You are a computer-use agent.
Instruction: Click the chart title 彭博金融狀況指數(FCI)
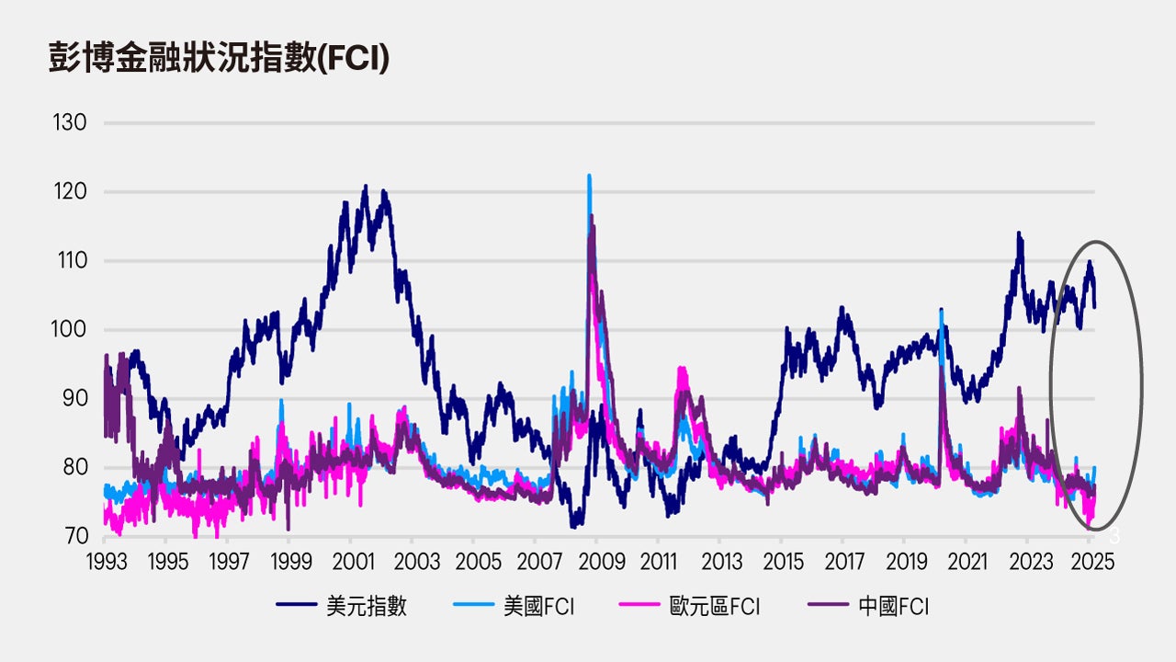(x=219, y=57)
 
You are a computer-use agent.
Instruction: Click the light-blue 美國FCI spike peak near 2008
(x=589, y=176)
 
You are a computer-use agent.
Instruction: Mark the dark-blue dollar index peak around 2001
(x=366, y=186)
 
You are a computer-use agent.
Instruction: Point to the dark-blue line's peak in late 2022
(x=1019, y=234)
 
